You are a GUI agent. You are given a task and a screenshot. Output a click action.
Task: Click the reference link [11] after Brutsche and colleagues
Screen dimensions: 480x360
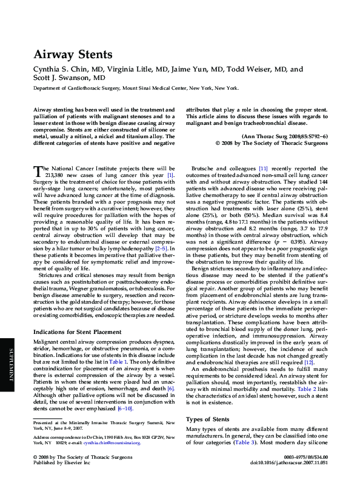click(x=263, y=168)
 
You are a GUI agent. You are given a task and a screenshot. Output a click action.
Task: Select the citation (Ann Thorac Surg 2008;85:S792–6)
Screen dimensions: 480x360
click(x=285, y=136)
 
